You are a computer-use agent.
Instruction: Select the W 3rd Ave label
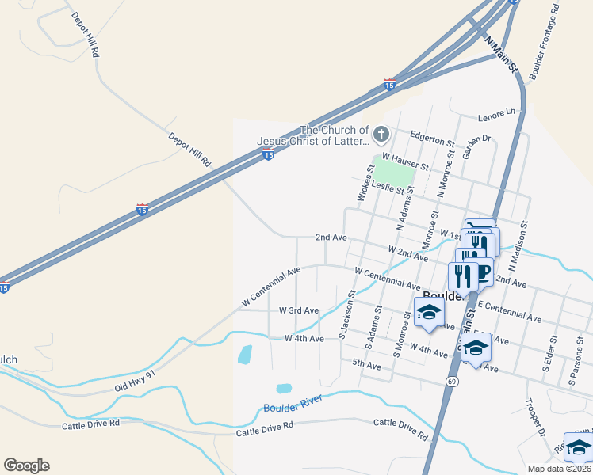pos(299,311)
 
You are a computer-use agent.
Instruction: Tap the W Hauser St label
pos(405,161)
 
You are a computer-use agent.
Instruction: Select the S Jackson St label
pos(346,314)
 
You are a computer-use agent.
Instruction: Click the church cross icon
pos(381,133)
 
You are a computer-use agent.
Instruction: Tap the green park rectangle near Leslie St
pos(394,172)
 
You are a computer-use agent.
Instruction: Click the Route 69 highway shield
pos(452,382)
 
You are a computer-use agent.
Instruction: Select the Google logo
pos(26,465)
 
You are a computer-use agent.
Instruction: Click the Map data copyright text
pos(558,469)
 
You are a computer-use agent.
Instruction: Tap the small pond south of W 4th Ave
pos(245,354)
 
